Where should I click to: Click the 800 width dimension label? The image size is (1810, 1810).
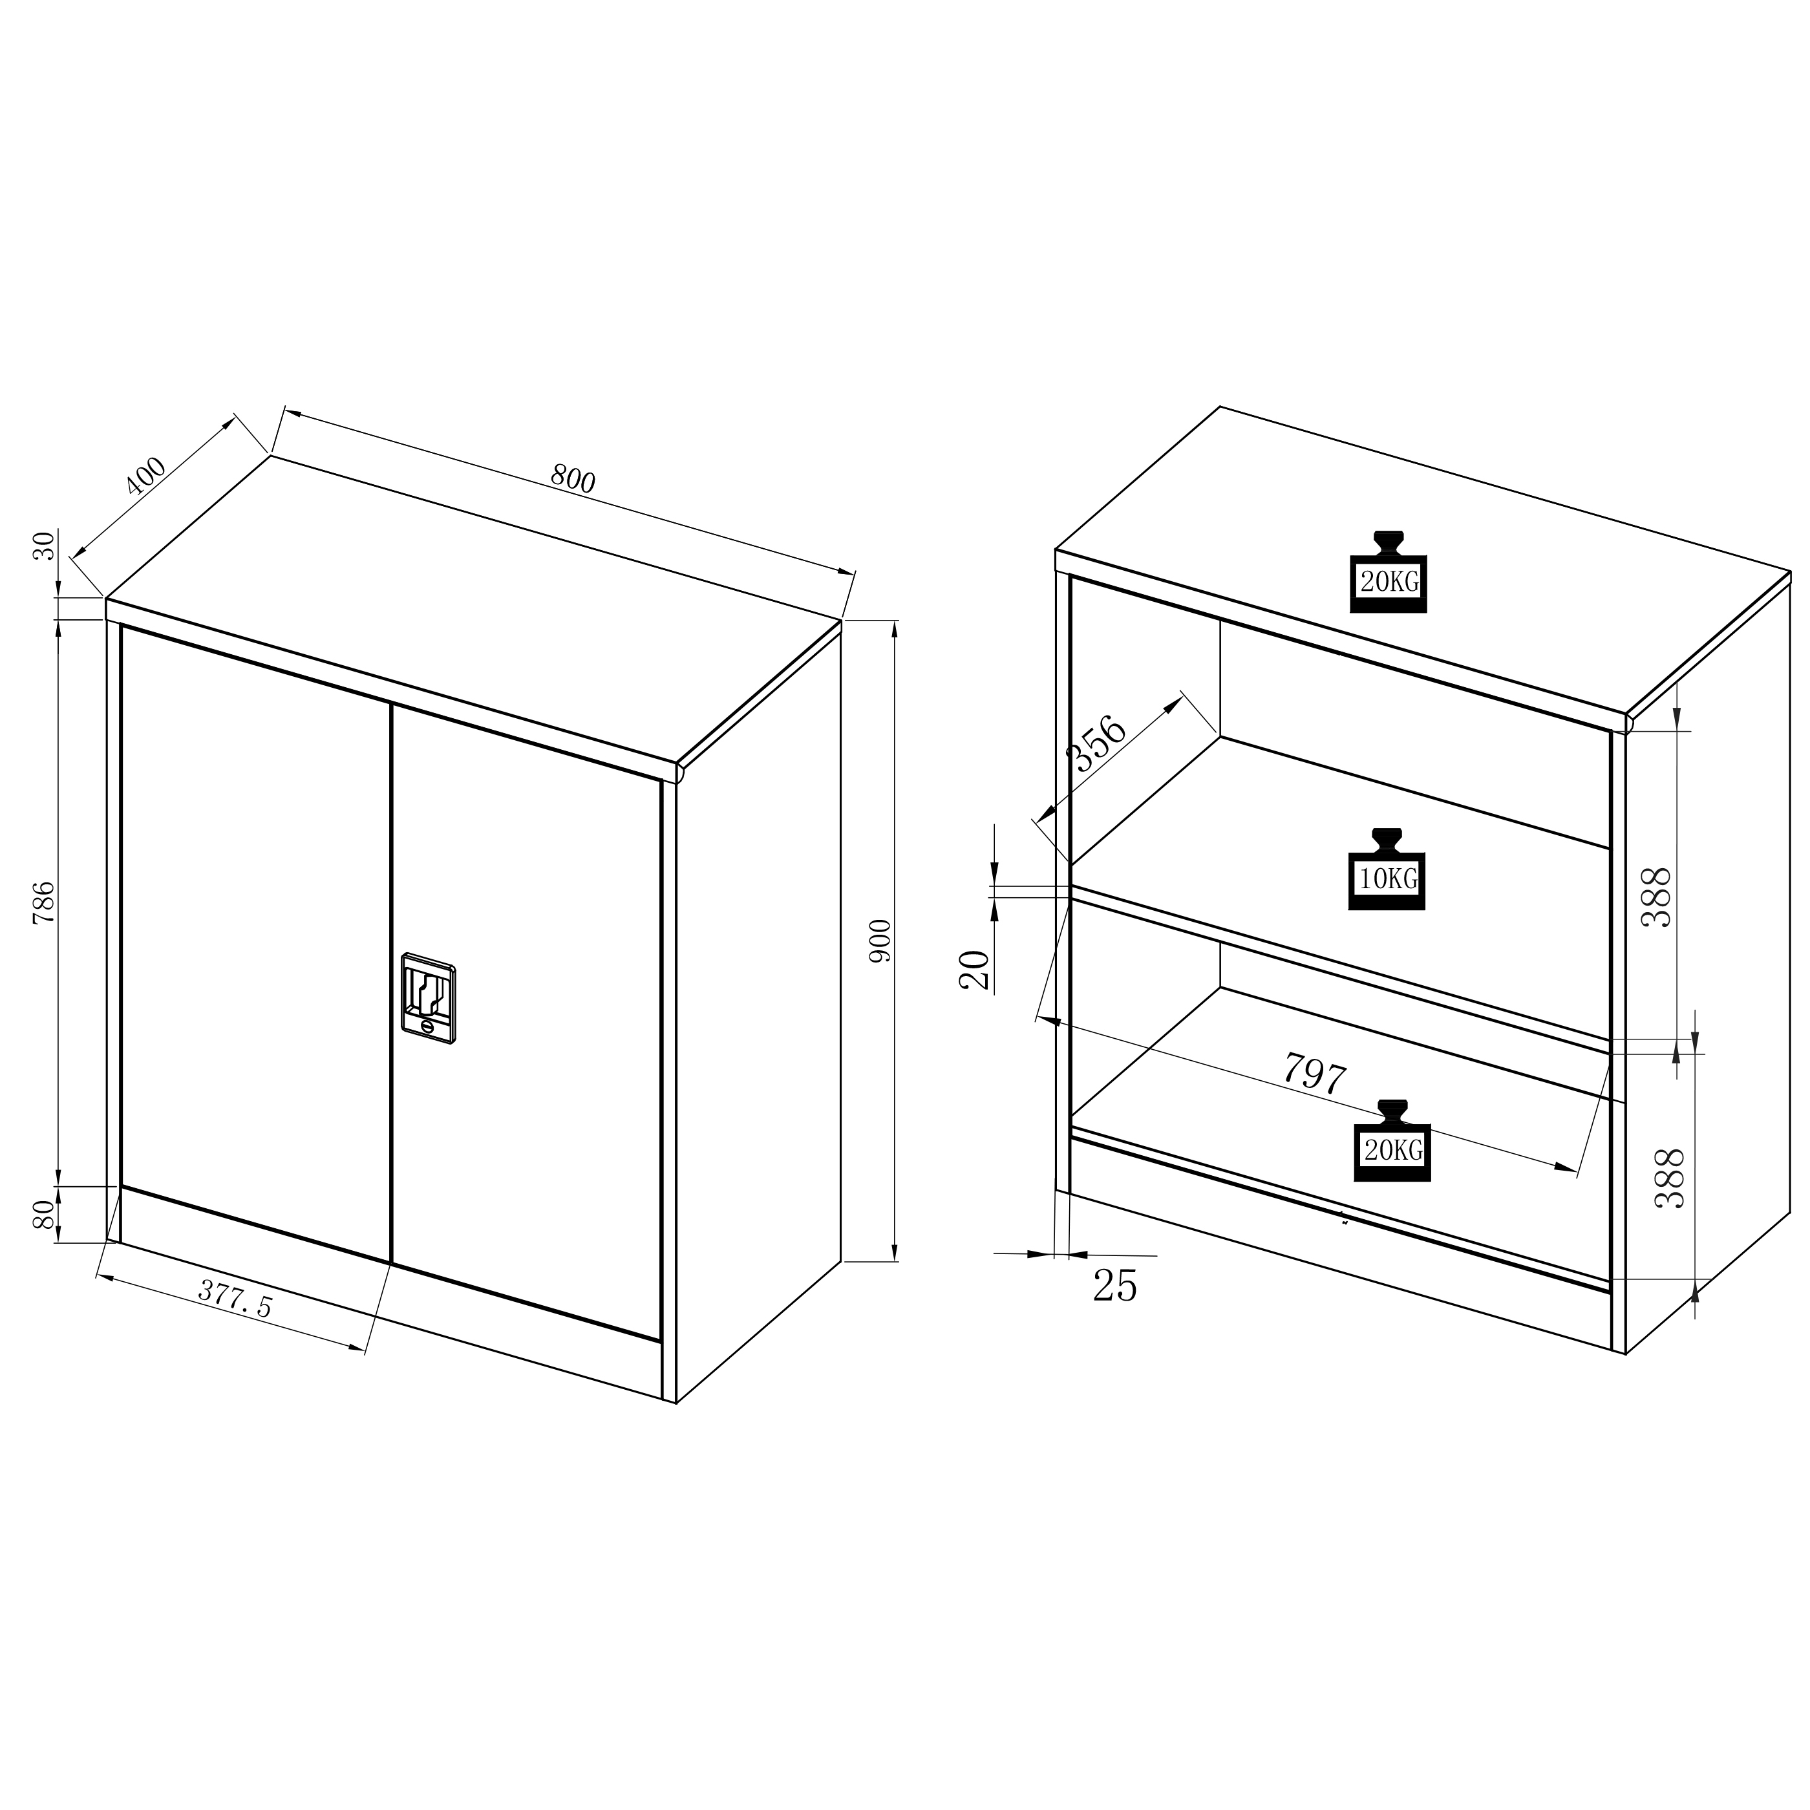pyautogui.click(x=573, y=480)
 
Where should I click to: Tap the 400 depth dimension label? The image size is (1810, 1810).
pyautogui.click(x=146, y=476)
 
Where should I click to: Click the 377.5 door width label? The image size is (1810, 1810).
pyautogui.click(x=235, y=1299)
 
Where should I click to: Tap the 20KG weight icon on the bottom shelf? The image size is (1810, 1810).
pyautogui.click(x=1393, y=1140)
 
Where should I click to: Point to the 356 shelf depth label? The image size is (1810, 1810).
pyautogui.click(x=1099, y=742)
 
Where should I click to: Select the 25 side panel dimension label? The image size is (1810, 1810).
pyautogui.click(x=1115, y=1285)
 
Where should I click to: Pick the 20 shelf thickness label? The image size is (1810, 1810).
pyautogui.click(x=974, y=970)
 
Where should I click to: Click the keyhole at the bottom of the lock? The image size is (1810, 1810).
pyautogui.click(x=427, y=1028)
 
